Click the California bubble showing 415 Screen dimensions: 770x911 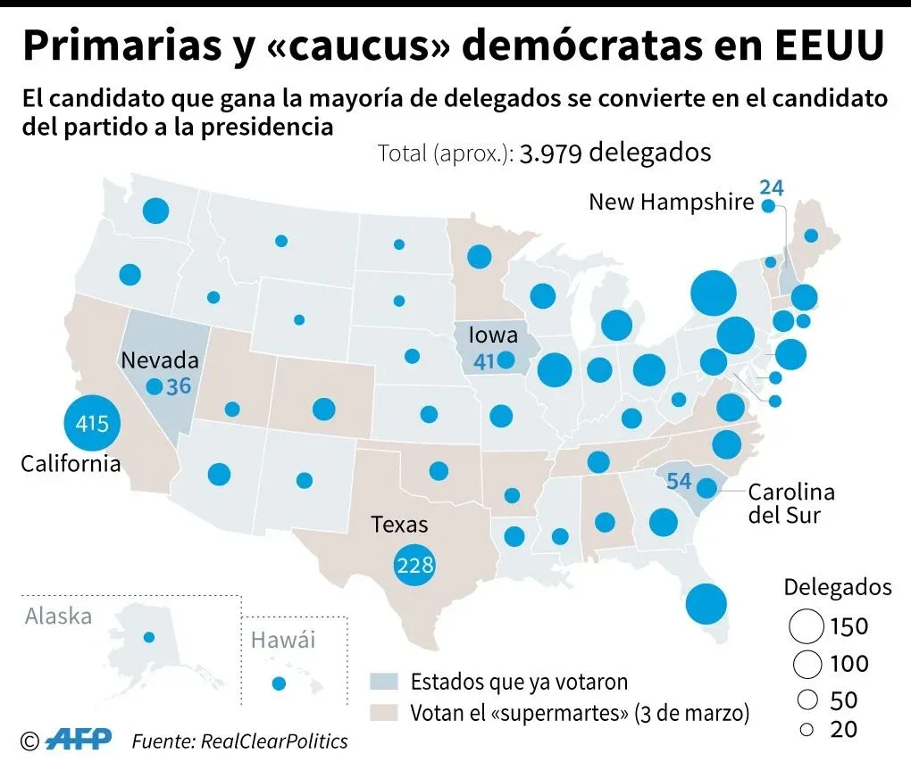tap(92, 423)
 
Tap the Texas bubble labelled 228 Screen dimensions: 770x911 tap(415, 565)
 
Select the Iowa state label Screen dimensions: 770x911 tap(493, 335)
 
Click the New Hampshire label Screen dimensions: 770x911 tap(671, 203)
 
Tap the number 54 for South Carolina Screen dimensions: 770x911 tap(679, 482)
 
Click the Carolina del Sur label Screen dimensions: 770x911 tap(790, 503)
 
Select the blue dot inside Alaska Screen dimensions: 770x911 tap(149, 637)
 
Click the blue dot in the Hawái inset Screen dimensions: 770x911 tap(279, 684)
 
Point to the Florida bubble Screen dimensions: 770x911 tap(706, 604)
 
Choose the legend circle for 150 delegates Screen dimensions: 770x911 tap(806, 626)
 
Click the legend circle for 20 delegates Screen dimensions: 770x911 tap(807, 730)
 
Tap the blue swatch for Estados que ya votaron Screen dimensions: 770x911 tap(383, 683)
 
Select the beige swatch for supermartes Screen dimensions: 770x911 tap(383, 714)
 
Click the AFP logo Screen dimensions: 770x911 tap(79, 740)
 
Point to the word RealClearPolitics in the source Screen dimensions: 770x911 tap(274, 741)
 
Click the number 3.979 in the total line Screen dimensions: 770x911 tap(549, 153)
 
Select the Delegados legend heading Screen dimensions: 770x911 tap(838, 587)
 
